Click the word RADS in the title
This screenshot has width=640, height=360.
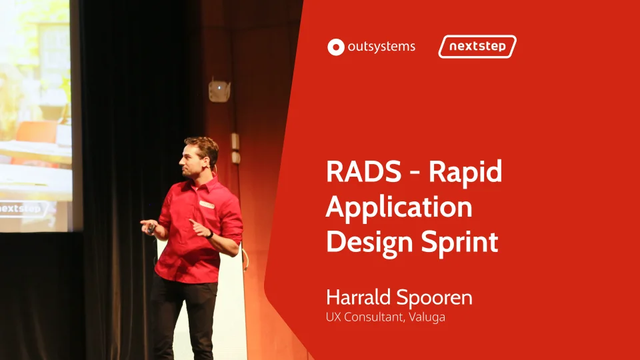[363, 171]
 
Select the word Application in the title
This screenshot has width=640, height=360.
[399, 208]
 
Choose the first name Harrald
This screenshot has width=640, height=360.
[358, 297]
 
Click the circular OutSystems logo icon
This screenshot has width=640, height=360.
[336, 47]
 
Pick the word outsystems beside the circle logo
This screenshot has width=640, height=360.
[381, 47]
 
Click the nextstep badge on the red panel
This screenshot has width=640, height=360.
[477, 47]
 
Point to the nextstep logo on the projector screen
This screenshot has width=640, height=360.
[23, 209]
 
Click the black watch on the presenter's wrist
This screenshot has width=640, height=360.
[210, 234]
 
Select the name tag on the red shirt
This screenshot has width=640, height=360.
[207, 205]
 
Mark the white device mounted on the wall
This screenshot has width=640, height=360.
[219, 91]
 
